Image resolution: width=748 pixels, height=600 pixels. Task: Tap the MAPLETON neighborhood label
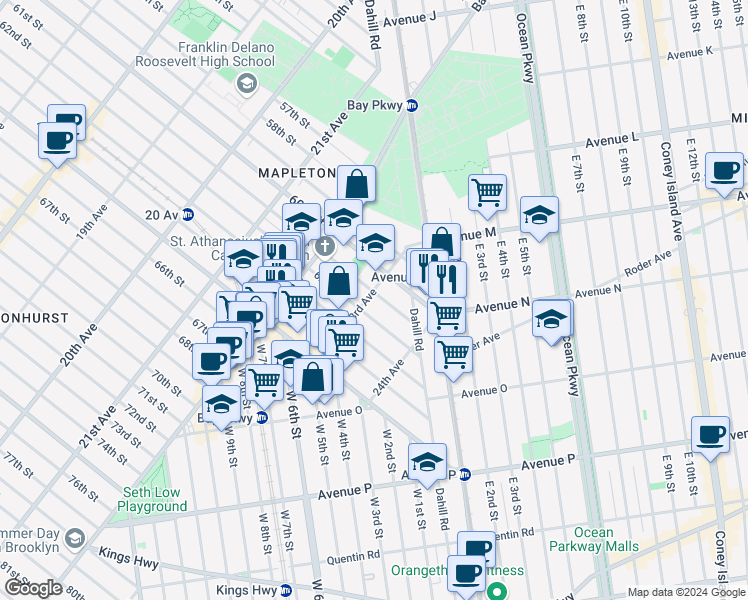click(x=296, y=172)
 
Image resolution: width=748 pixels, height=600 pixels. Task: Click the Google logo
click(x=33, y=588)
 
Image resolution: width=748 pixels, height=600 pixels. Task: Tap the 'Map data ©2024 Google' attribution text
click(x=686, y=592)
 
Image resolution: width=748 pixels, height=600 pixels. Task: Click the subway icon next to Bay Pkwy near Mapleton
click(x=411, y=105)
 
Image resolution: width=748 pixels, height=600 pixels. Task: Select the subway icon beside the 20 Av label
click(x=187, y=214)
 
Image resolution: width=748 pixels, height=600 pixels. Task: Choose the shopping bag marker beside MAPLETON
click(x=356, y=184)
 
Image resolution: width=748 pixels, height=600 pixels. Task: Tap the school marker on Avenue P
click(x=427, y=461)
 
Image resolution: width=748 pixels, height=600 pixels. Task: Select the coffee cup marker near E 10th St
click(x=711, y=434)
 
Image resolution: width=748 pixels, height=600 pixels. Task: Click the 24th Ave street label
click(x=389, y=380)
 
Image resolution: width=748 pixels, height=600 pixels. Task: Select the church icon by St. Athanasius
click(x=324, y=246)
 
